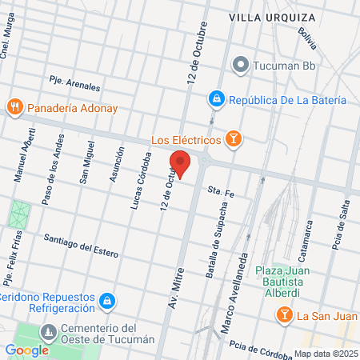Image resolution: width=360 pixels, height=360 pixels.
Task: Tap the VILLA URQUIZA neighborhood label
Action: [266, 16]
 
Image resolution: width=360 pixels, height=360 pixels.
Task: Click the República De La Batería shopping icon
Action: [216, 100]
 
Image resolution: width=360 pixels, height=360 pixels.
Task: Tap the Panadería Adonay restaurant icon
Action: [14, 106]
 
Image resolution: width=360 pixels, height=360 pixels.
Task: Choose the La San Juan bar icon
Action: [284, 316]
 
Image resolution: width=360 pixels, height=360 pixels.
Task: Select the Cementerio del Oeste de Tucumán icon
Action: [49, 331]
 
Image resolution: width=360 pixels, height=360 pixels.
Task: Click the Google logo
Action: [27, 350]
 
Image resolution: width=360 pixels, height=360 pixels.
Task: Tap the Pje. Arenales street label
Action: [74, 83]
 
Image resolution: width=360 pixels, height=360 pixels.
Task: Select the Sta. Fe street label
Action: [219, 191]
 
